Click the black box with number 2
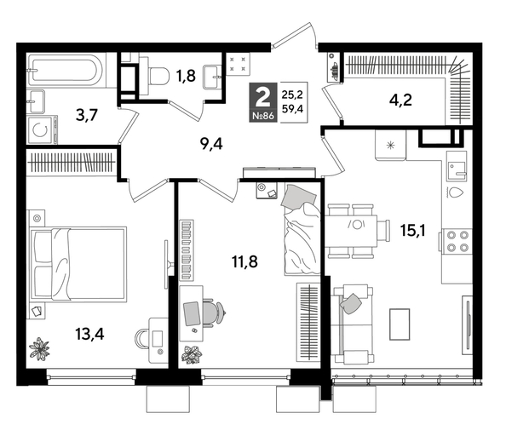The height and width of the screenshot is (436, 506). [x=266, y=95]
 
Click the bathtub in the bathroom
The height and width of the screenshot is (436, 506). [x=65, y=69]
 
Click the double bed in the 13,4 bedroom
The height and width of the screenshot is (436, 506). [x=78, y=260]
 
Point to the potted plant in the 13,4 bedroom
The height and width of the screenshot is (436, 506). [x=39, y=348]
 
